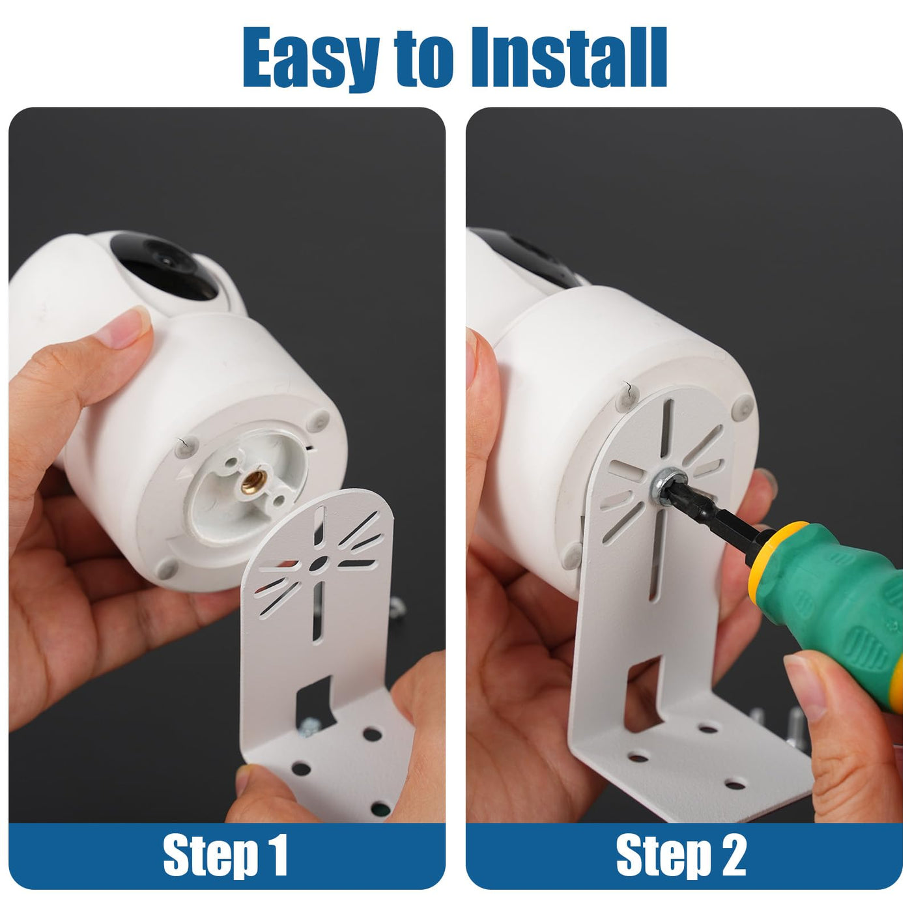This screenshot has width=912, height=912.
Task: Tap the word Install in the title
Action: [x=569, y=57]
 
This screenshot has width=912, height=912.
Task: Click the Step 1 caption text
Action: [x=225, y=855]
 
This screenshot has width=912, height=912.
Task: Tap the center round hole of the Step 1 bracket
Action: [x=319, y=563]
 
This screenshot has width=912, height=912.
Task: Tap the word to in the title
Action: [x=425, y=63]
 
